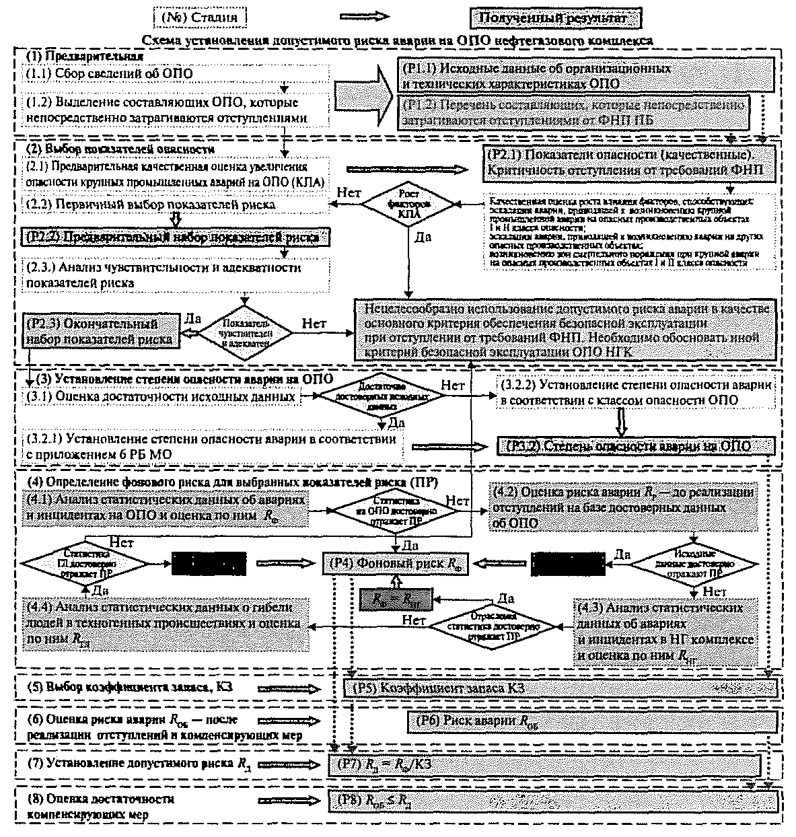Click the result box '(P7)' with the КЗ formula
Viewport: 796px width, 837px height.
(544, 764)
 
